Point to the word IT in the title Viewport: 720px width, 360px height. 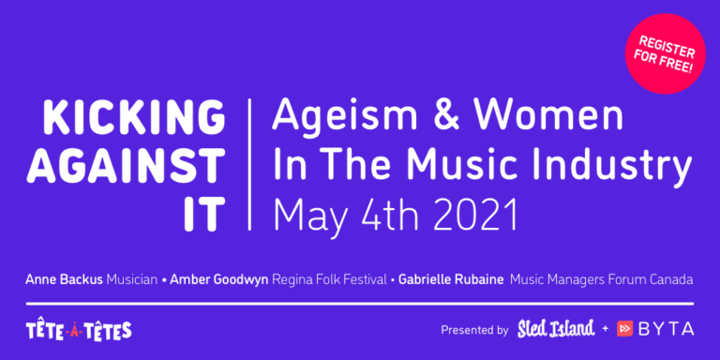pos(204,214)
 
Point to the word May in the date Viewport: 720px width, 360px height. pos(313,216)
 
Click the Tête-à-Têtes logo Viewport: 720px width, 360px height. pos(79,330)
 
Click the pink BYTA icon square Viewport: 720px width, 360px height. pos(625,329)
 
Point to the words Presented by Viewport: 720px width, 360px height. pos(474,330)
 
